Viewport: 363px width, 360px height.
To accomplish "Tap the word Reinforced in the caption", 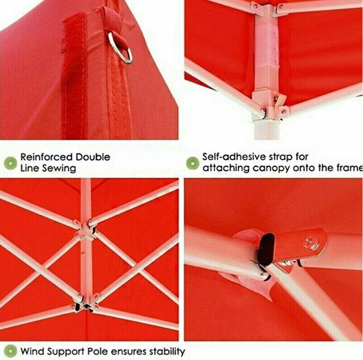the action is pyautogui.click(x=46, y=157).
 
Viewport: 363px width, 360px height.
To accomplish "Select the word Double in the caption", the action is pyautogui.click(x=93, y=157).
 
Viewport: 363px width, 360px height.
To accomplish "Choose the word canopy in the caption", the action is pyautogui.click(x=271, y=168).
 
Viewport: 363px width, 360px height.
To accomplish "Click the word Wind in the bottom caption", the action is pyautogui.click(x=32, y=351).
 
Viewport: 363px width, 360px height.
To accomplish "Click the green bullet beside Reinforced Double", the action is pyautogui.click(x=11, y=163).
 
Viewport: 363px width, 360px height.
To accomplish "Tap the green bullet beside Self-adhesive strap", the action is pyautogui.click(x=193, y=163).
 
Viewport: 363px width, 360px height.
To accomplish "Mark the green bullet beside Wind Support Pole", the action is pyautogui.click(x=11, y=351).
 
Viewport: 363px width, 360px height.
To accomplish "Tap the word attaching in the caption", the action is pyautogui.click(x=226, y=168).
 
